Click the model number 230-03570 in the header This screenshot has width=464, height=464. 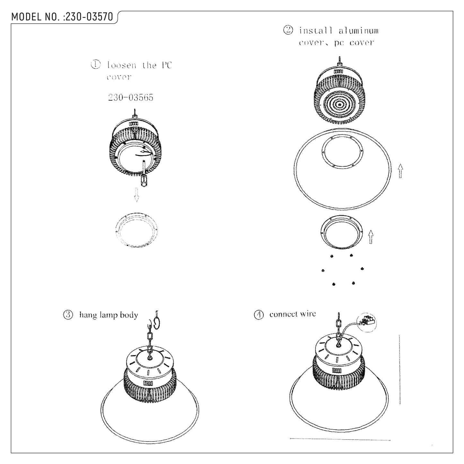(x=89, y=17)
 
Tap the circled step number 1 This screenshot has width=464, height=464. (x=96, y=65)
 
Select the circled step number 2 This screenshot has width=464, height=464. (x=288, y=30)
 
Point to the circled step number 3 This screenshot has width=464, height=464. (x=68, y=315)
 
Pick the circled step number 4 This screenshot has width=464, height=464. (x=259, y=315)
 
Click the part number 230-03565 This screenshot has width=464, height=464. (x=130, y=97)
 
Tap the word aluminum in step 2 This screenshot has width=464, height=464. (x=359, y=31)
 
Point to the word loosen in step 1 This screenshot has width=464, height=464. (x=122, y=65)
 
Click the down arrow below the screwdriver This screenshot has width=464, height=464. (x=136, y=195)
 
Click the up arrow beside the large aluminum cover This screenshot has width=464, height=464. (x=400, y=171)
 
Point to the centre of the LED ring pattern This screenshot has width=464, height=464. (x=339, y=105)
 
